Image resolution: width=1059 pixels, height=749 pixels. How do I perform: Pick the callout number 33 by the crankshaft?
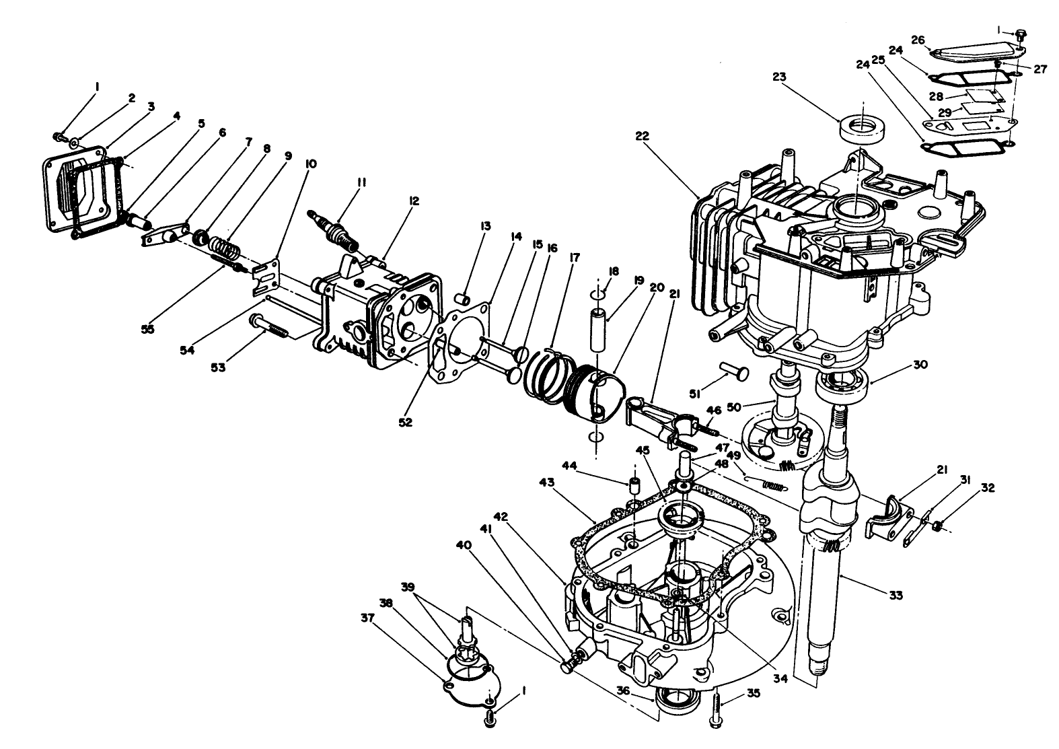[x=895, y=595]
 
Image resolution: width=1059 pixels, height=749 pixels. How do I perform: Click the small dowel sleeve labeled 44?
[x=632, y=485]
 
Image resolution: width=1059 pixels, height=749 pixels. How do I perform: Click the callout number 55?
[x=147, y=329]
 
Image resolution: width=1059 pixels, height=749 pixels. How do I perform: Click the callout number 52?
[x=405, y=423]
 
